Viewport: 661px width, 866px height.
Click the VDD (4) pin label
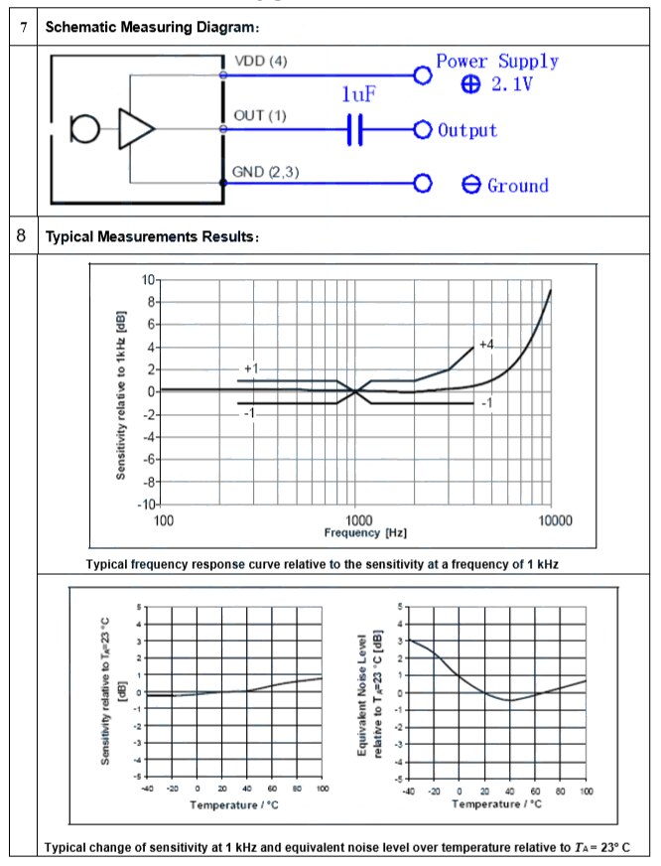click(x=260, y=62)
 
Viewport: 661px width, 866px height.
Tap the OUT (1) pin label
click(x=259, y=116)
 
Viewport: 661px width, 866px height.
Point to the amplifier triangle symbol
click(x=136, y=129)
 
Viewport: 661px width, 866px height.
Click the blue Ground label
click(x=517, y=186)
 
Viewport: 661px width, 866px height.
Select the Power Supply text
click(x=497, y=62)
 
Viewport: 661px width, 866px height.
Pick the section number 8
click(x=22, y=236)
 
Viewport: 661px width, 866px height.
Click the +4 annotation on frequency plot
click(x=484, y=344)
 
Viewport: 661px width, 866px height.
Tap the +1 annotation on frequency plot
click(x=251, y=368)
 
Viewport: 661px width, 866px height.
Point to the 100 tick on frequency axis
click(x=164, y=520)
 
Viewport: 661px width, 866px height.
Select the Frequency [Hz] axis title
click(x=364, y=533)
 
